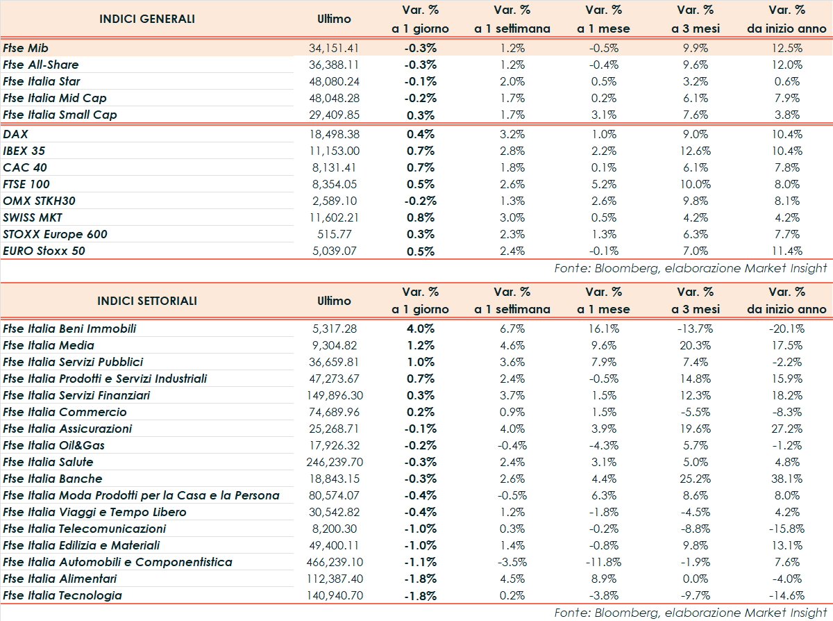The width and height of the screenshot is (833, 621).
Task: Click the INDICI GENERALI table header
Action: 147,19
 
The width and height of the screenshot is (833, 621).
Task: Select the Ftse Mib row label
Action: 28,48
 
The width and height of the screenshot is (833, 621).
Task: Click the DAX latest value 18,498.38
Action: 333,134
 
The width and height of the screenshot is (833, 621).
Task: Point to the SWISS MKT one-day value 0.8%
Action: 420,217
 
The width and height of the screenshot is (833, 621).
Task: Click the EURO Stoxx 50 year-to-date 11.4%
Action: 786,251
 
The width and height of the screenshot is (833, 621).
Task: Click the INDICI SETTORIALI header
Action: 147,301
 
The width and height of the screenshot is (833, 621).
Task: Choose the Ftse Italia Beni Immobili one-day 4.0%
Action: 420,329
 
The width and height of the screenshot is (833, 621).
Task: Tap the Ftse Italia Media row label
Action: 49,345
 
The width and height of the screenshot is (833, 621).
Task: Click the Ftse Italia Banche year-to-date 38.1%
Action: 786,479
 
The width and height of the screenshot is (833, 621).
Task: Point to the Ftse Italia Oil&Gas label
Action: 54,445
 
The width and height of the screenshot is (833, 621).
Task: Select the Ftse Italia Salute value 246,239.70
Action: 334,462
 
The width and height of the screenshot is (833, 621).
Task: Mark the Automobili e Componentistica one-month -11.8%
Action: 603,562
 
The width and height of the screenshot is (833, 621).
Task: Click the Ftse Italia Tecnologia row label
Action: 62,595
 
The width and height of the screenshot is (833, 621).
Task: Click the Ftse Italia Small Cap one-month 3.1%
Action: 603,115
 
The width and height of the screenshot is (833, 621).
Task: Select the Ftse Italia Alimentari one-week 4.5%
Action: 512,579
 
